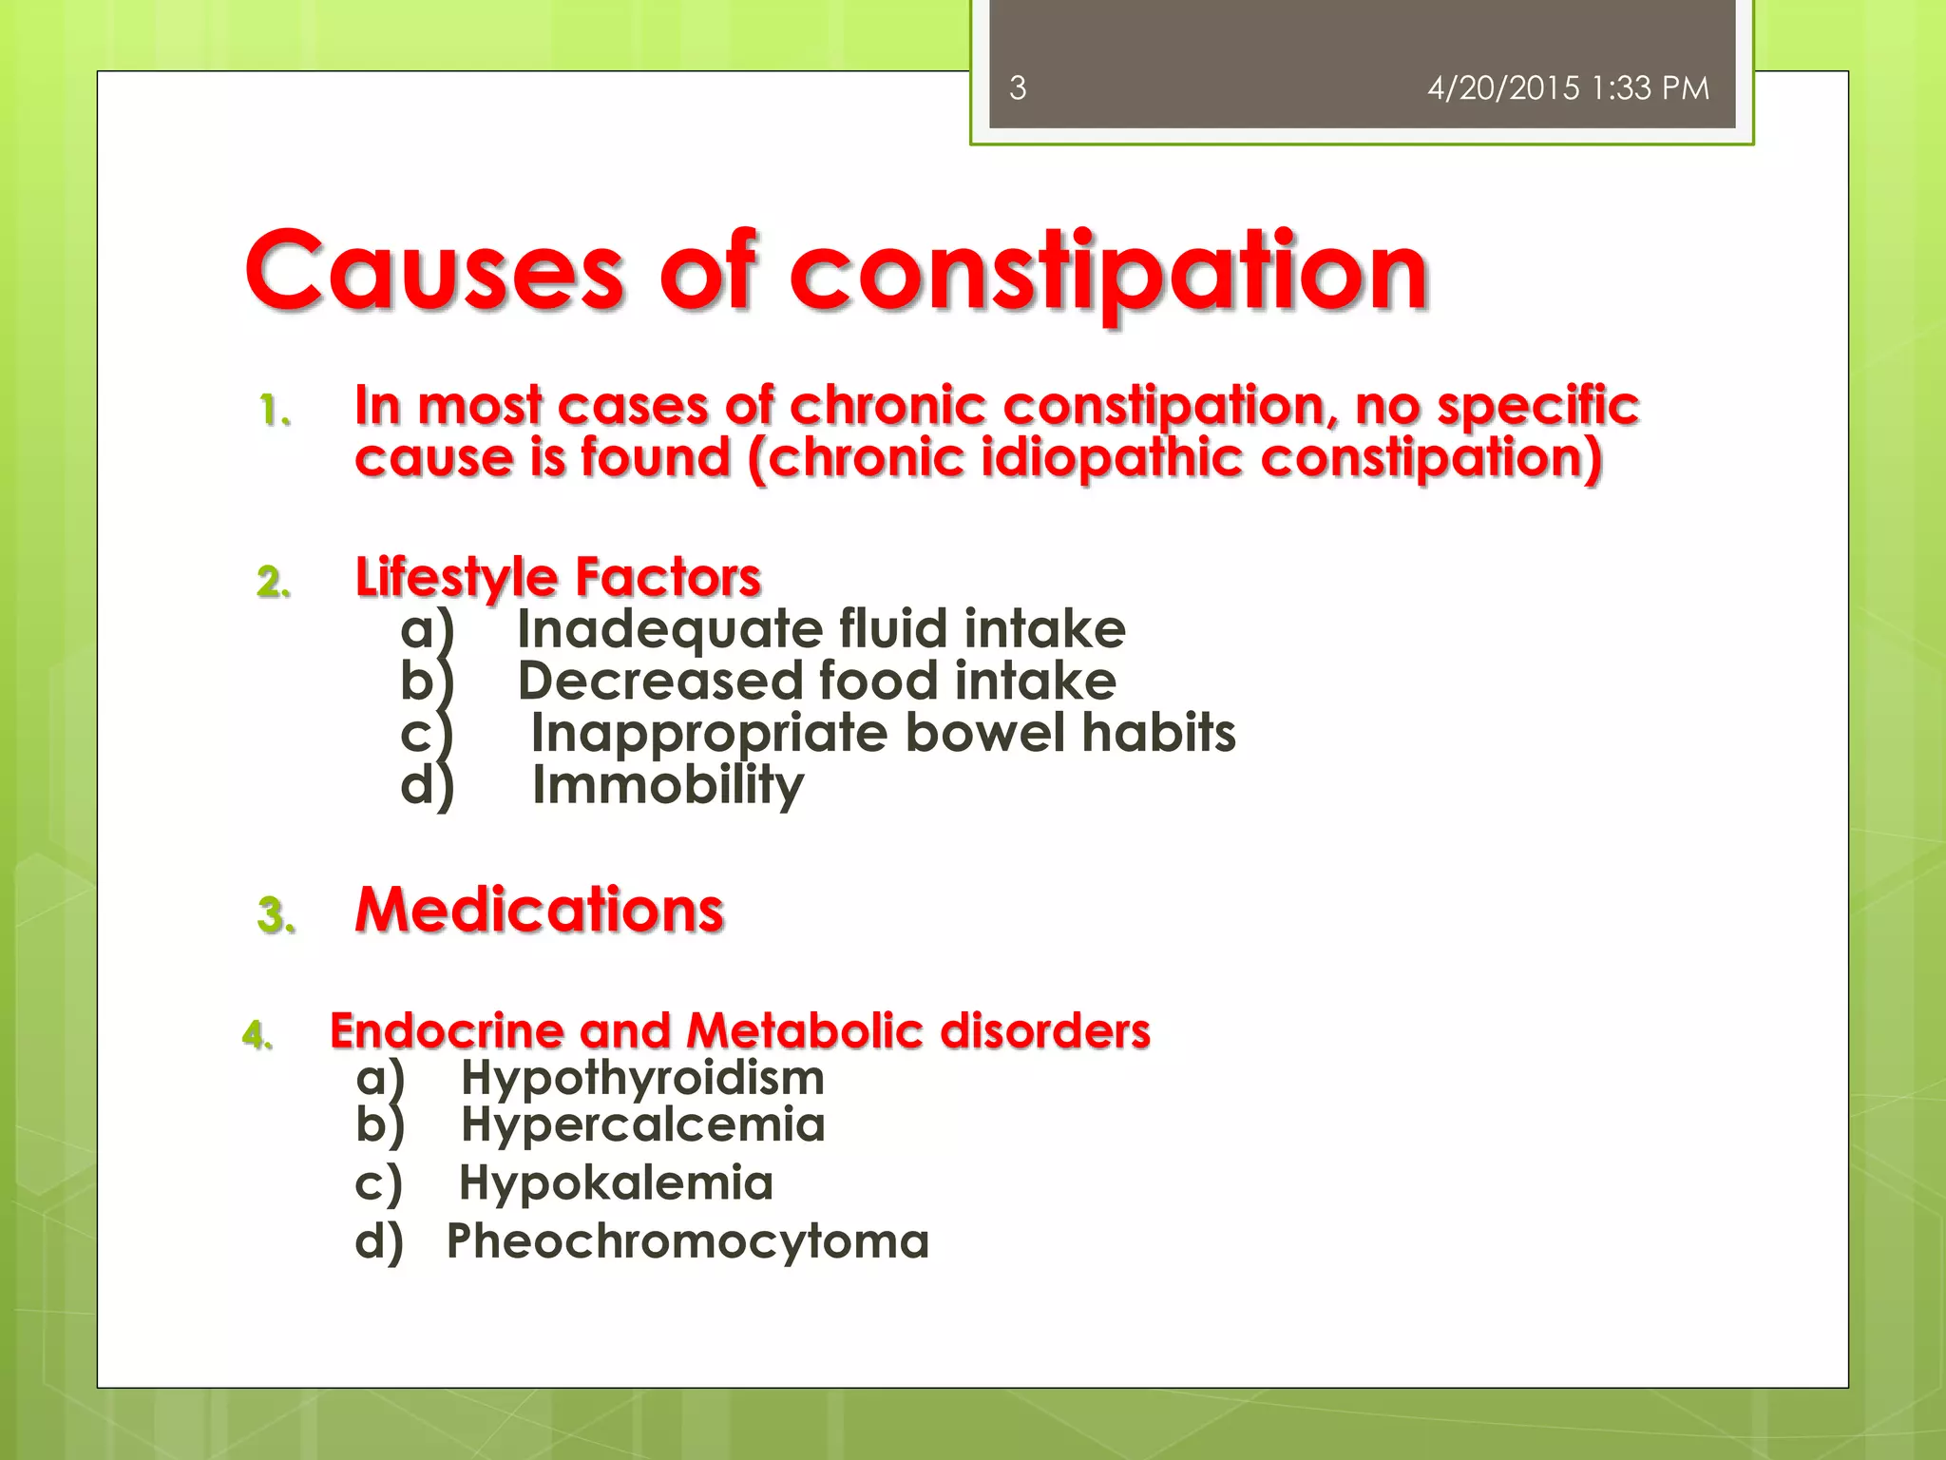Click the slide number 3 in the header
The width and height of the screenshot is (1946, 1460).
(x=1018, y=88)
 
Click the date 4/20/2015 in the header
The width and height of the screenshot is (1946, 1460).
(x=1503, y=88)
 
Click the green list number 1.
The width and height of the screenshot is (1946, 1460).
(x=275, y=411)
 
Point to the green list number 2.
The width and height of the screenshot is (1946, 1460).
(x=274, y=582)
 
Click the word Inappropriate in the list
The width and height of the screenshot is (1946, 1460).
(x=709, y=733)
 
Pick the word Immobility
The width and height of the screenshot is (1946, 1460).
(x=667, y=785)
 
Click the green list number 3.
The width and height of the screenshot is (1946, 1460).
(x=276, y=915)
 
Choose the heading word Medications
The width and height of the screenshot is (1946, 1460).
(x=539, y=910)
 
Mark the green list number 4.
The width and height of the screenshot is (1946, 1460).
(x=258, y=1034)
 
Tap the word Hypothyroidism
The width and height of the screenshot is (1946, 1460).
(x=642, y=1078)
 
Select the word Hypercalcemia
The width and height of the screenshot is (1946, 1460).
(x=642, y=1124)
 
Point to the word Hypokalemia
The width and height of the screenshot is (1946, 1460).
(x=616, y=1183)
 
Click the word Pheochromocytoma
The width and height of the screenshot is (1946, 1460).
(x=688, y=1241)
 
